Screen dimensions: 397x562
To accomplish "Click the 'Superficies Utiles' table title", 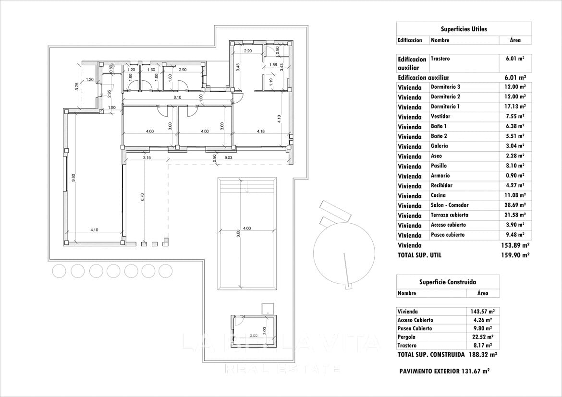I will tap(464, 29).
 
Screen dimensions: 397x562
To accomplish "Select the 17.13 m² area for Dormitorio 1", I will tap(515, 107).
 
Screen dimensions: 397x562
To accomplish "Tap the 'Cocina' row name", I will tap(438, 195).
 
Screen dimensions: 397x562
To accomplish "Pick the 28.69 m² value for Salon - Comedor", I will tap(515, 205).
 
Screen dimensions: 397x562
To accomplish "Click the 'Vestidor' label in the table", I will tap(440, 117).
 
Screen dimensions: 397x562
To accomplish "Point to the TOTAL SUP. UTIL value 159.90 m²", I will tap(515, 255).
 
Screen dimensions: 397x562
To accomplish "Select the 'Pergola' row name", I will tap(407, 337).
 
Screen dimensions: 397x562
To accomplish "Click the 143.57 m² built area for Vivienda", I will tap(482, 312).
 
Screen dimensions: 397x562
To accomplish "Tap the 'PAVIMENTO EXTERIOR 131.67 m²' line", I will tap(444, 371).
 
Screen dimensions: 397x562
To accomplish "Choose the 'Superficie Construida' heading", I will tap(447, 282).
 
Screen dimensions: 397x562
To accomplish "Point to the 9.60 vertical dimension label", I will tap(73, 178).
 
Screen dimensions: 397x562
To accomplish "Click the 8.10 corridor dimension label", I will tap(178, 97).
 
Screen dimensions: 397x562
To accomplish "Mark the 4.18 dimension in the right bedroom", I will tap(261, 131).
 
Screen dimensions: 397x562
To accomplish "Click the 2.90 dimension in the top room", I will tap(183, 70).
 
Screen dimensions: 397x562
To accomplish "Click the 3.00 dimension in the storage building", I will tap(254, 336).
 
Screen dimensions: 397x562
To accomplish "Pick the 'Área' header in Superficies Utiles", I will tap(515, 40).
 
